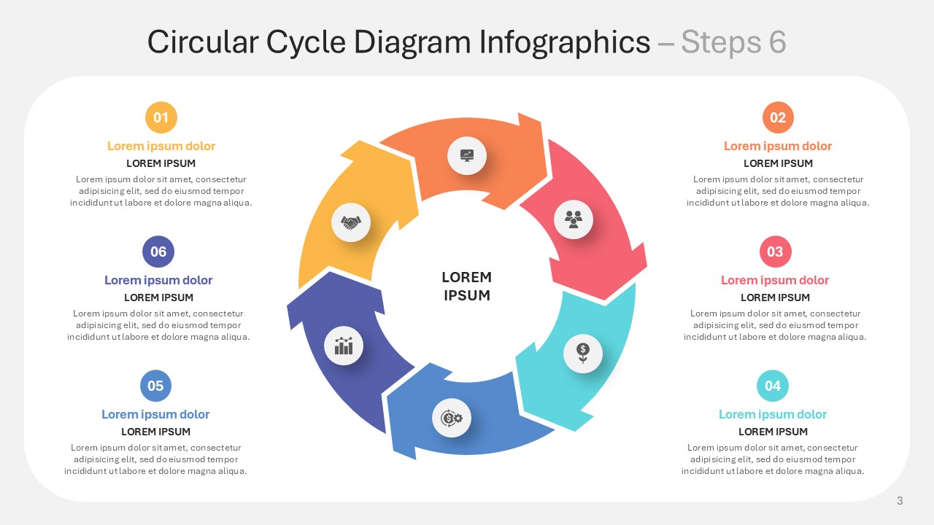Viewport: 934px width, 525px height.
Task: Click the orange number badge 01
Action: coord(161,117)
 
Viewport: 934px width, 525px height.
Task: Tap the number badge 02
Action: coord(778,117)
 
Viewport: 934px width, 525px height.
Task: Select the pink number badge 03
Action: coord(775,252)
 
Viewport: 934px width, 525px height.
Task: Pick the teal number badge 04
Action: coord(773,386)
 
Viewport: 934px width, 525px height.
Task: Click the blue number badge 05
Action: coord(155,386)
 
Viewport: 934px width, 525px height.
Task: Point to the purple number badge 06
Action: coord(158,252)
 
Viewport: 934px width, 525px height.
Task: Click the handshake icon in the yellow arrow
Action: coord(351,222)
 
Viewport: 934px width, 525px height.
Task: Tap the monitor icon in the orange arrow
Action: coord(467,155)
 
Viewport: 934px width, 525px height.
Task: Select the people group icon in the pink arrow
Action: coord(574,219)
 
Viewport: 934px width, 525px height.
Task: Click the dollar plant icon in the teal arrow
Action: coord(583,354)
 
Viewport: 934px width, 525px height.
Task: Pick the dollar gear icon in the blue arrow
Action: coord(452,418)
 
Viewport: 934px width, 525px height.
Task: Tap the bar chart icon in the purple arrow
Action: coord(344,346)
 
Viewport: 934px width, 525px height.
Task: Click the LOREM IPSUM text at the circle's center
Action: coord(466,287)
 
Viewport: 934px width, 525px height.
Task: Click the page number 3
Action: coord(900,501)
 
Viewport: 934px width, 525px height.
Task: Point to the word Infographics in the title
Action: coord(565,42)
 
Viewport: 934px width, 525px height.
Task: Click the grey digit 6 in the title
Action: coord(777,42)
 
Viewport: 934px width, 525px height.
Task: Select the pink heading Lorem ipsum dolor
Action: coord(775,280)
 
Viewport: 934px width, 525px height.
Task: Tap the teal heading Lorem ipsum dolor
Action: coord(773,414)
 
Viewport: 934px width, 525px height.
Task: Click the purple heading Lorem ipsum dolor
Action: coord(158,280)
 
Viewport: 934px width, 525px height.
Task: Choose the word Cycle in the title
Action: coord(306,42)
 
